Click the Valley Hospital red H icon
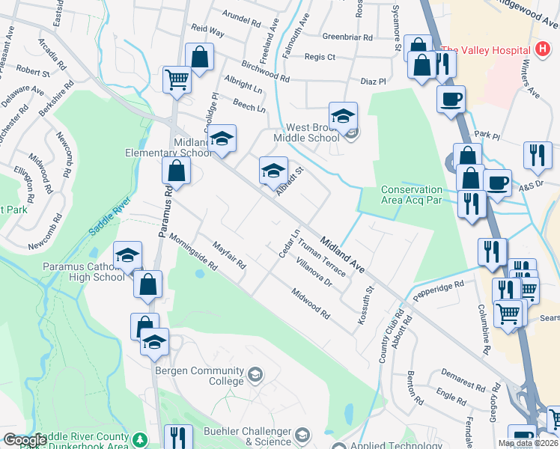(544, 50)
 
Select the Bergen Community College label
(200, 376)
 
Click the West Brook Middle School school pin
(343, 116)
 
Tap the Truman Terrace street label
(320, 256)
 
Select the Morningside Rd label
(192, 254)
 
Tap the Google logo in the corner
(24, 440)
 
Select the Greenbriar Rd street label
(347, 37)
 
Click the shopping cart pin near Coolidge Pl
(177, 79)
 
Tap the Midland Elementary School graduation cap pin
(222, 139)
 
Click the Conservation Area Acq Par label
(413, 195)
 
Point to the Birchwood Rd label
(264, 73)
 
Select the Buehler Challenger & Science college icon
(302, 434)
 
